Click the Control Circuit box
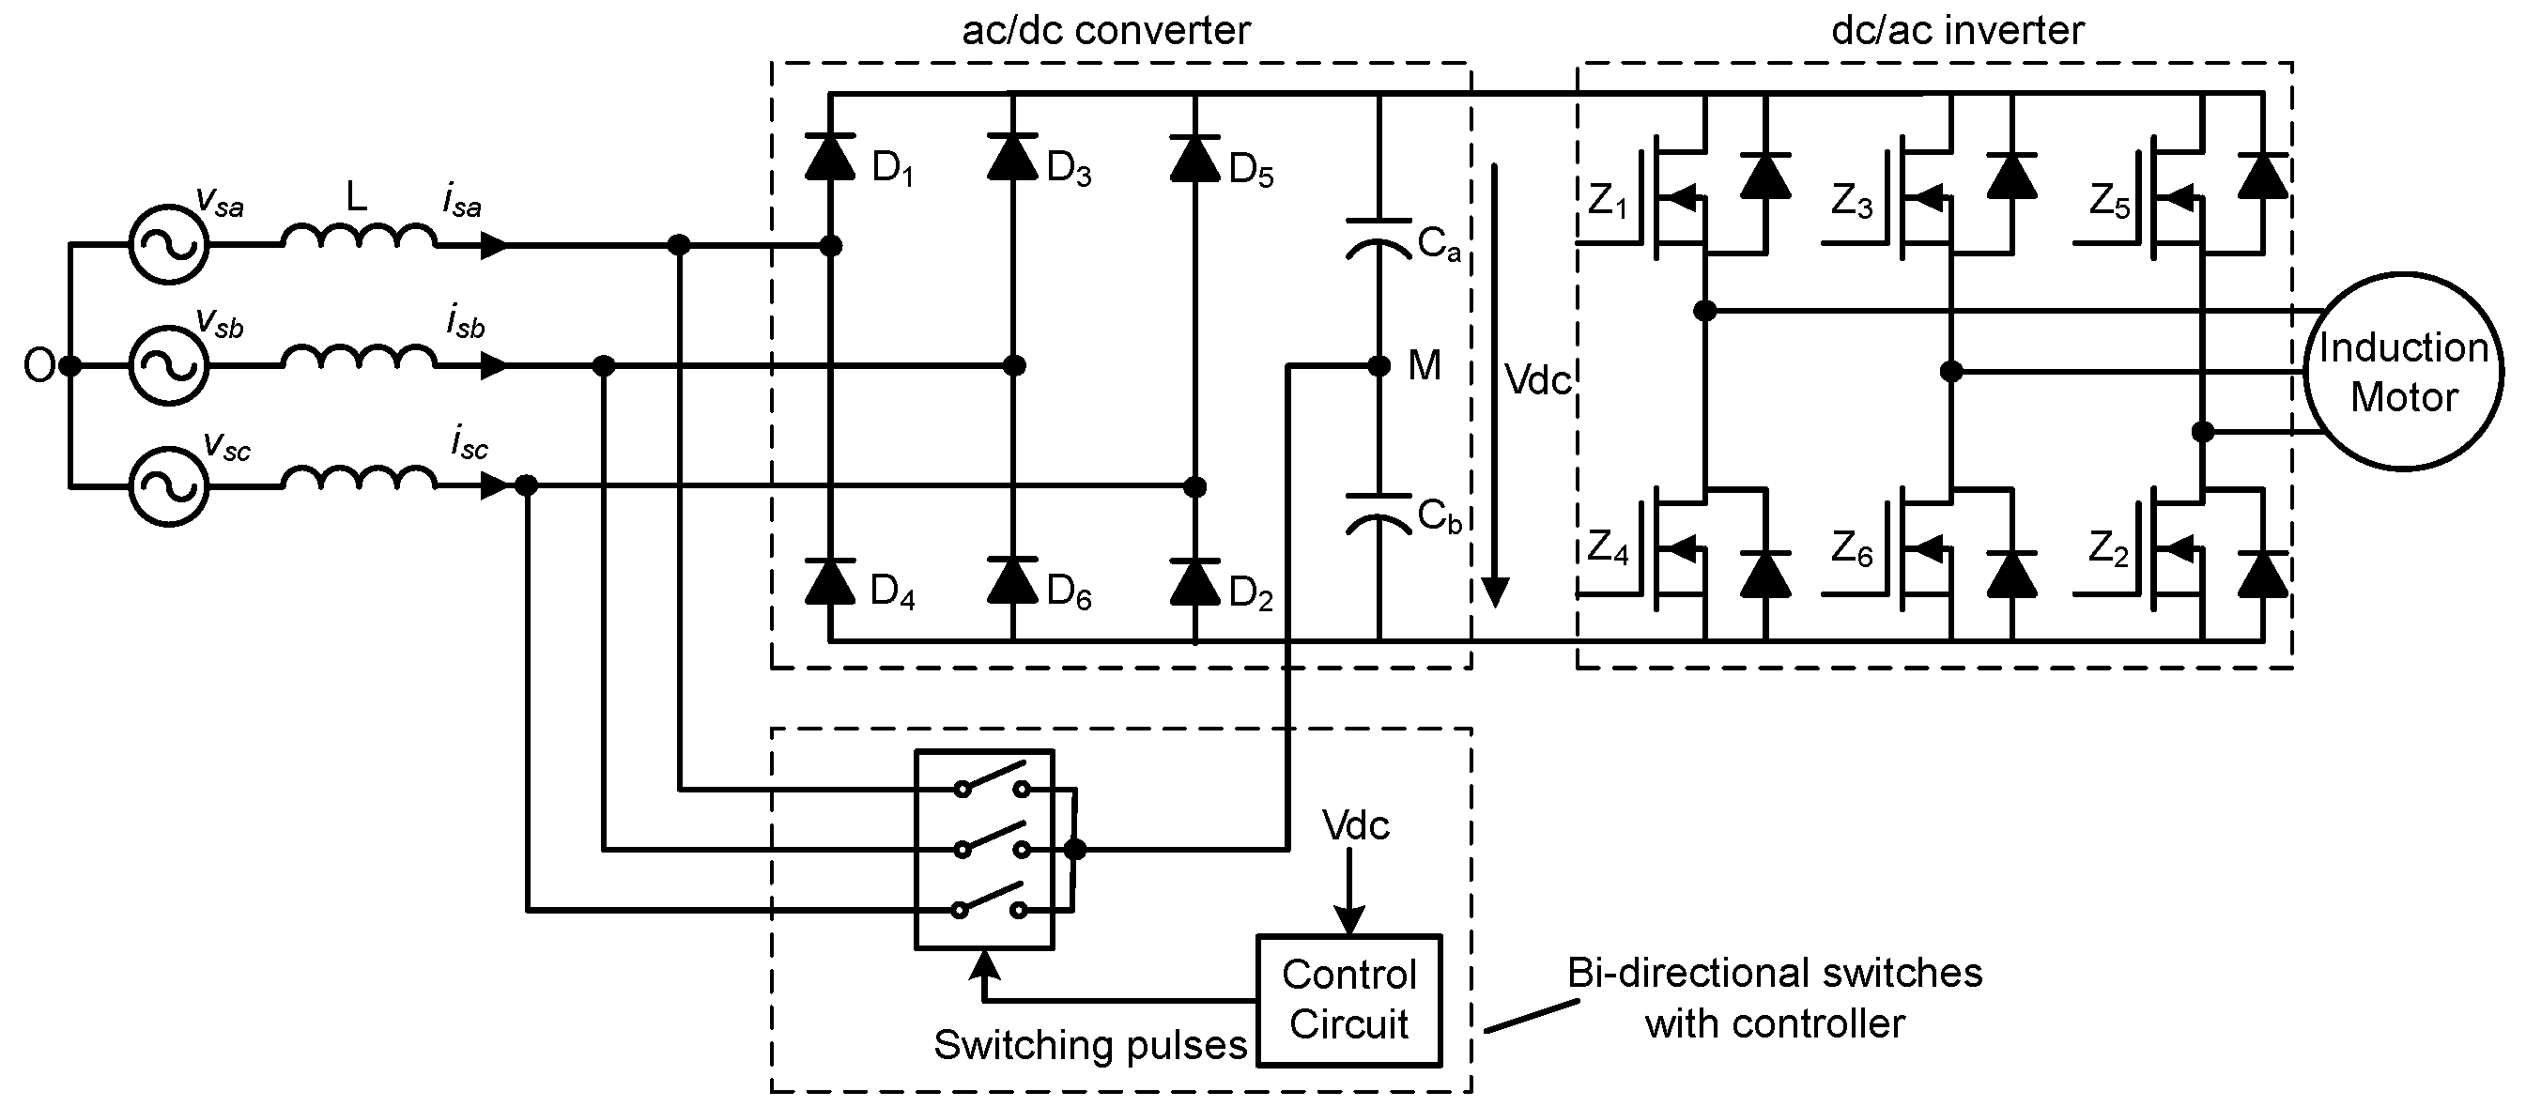click(x=1348, y=1000)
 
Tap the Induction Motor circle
click(x=2402, y=373)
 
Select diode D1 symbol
click(x=829, y=157)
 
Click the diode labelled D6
click(x=1012, y=580)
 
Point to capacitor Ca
click(x=1379, y=238)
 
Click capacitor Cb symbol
click(x=1379, y=513)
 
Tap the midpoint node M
click(x=1379, y=367)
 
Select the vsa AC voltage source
click(x=169, y=245)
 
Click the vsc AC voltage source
click(x=169, y=486)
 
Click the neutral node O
click(x=69, y=367)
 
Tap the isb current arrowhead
click(x=493, y=367)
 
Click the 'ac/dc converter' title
click(x=1105, y=30)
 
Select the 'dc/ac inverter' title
click(x=1957, y=30)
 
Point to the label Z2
click(x=2108, y=549)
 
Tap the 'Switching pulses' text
click(x=1089, y=1045)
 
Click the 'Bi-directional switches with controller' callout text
click(x=1775, y=998)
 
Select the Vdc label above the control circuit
click(x=1355, y=825)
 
